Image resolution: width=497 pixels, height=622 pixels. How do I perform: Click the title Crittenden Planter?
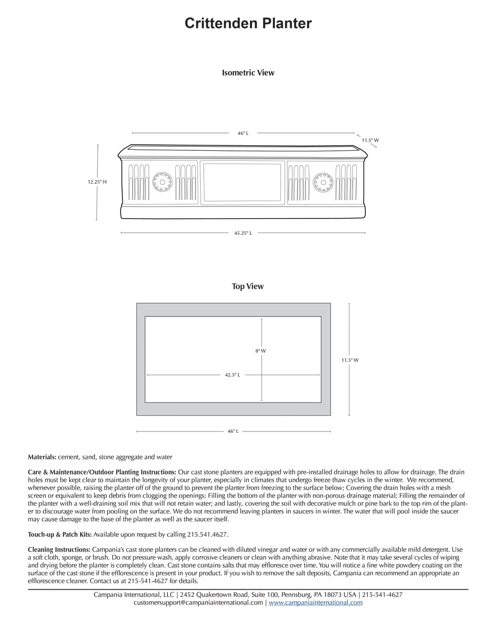248,23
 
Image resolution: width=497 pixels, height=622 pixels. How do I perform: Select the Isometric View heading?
248,73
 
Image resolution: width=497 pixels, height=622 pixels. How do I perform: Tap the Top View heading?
248,286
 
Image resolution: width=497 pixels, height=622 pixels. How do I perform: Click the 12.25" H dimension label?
97,182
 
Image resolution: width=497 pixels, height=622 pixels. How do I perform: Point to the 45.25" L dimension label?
243,233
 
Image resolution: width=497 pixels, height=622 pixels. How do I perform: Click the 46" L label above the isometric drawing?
243,133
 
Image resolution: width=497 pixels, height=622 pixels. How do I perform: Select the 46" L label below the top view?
233,431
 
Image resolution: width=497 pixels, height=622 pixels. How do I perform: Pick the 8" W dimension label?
261,351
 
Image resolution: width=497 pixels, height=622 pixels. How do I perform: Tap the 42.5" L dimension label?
233,375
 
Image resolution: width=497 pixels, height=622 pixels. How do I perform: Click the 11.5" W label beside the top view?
350,360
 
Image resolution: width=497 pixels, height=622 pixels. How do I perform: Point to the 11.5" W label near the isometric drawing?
370,140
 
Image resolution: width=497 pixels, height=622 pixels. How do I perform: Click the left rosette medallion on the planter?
162,182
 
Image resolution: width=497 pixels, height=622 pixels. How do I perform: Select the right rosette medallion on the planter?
324,182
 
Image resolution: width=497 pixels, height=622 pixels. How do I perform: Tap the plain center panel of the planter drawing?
244,183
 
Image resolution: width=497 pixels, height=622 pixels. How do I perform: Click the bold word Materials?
42,457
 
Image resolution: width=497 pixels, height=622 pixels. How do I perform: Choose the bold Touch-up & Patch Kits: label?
60,534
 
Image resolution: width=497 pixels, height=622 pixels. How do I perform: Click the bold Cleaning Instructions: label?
59,550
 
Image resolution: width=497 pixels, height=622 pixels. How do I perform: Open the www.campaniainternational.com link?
316,603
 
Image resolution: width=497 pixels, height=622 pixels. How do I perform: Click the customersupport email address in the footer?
198,603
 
